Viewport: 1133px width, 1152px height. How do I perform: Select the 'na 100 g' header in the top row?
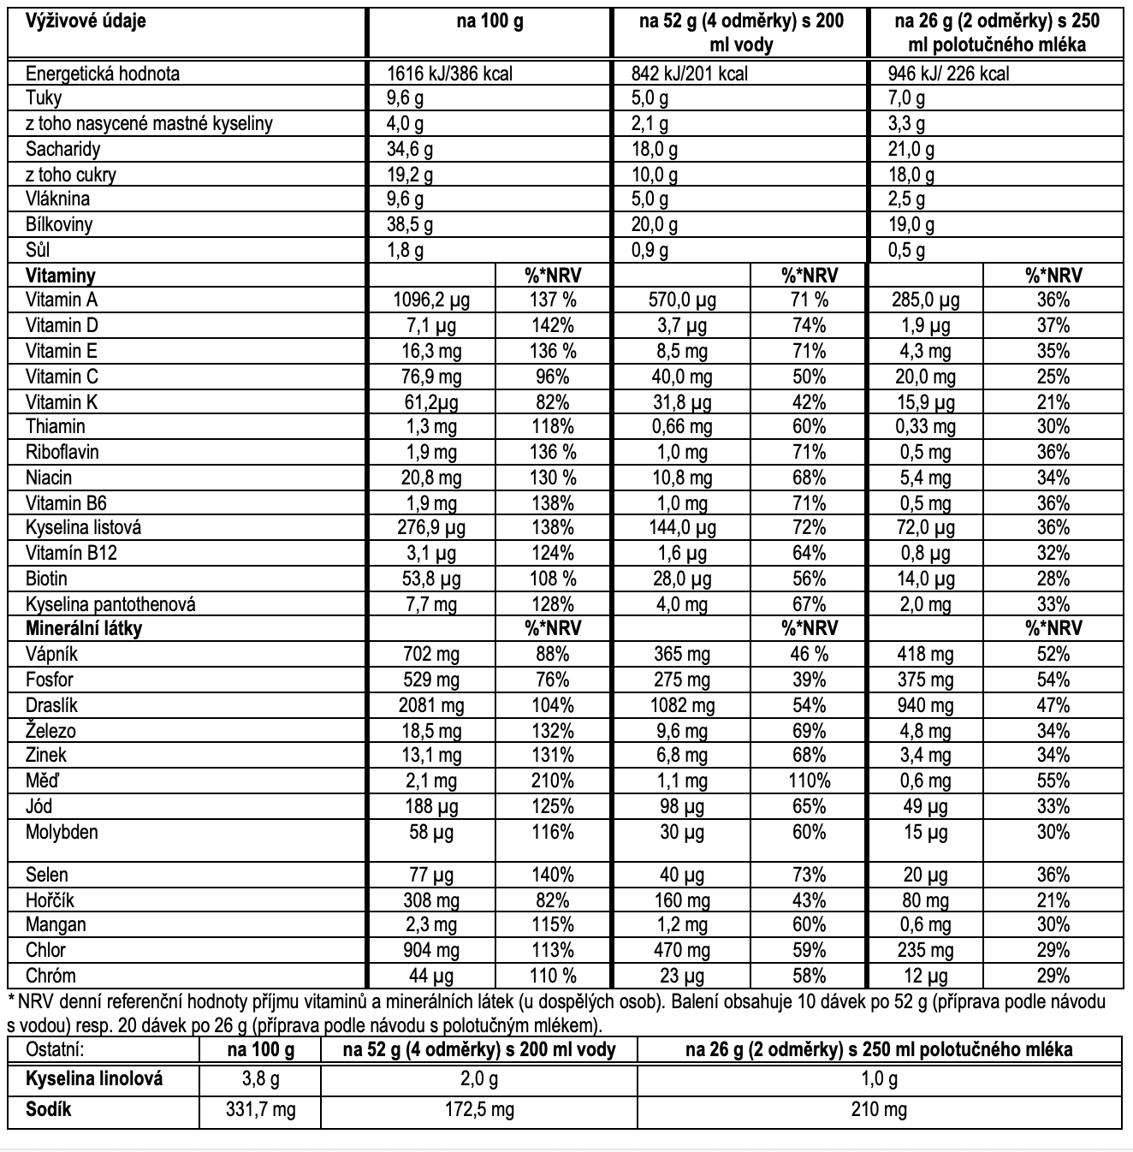click(489, 21)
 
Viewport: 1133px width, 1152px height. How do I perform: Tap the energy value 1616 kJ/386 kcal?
click(449, 74)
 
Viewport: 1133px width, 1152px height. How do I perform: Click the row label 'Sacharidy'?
click(62, 149)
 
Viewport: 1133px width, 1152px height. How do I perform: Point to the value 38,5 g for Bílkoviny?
click(410, 225)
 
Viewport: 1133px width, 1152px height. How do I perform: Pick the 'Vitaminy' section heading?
click(60, 276)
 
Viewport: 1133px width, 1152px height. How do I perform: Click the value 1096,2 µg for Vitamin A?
click(431, 300)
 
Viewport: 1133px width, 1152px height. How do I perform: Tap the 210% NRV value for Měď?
click(552, 781)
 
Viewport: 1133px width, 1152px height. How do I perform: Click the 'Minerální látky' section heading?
click(84, 628)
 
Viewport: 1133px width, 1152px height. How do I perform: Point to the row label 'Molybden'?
click(62, 832)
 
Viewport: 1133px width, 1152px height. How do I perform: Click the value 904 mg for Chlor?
click(431, 950)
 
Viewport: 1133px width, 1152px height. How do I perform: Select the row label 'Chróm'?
click(50, 976)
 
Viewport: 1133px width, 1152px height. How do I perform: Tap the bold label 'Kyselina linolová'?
click(94, 1079)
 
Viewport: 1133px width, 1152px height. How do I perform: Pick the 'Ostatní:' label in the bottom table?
click(56, 1050)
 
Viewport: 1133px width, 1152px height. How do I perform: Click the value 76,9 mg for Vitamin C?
click(431, 377)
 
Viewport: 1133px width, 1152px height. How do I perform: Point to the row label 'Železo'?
click(50, 731)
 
